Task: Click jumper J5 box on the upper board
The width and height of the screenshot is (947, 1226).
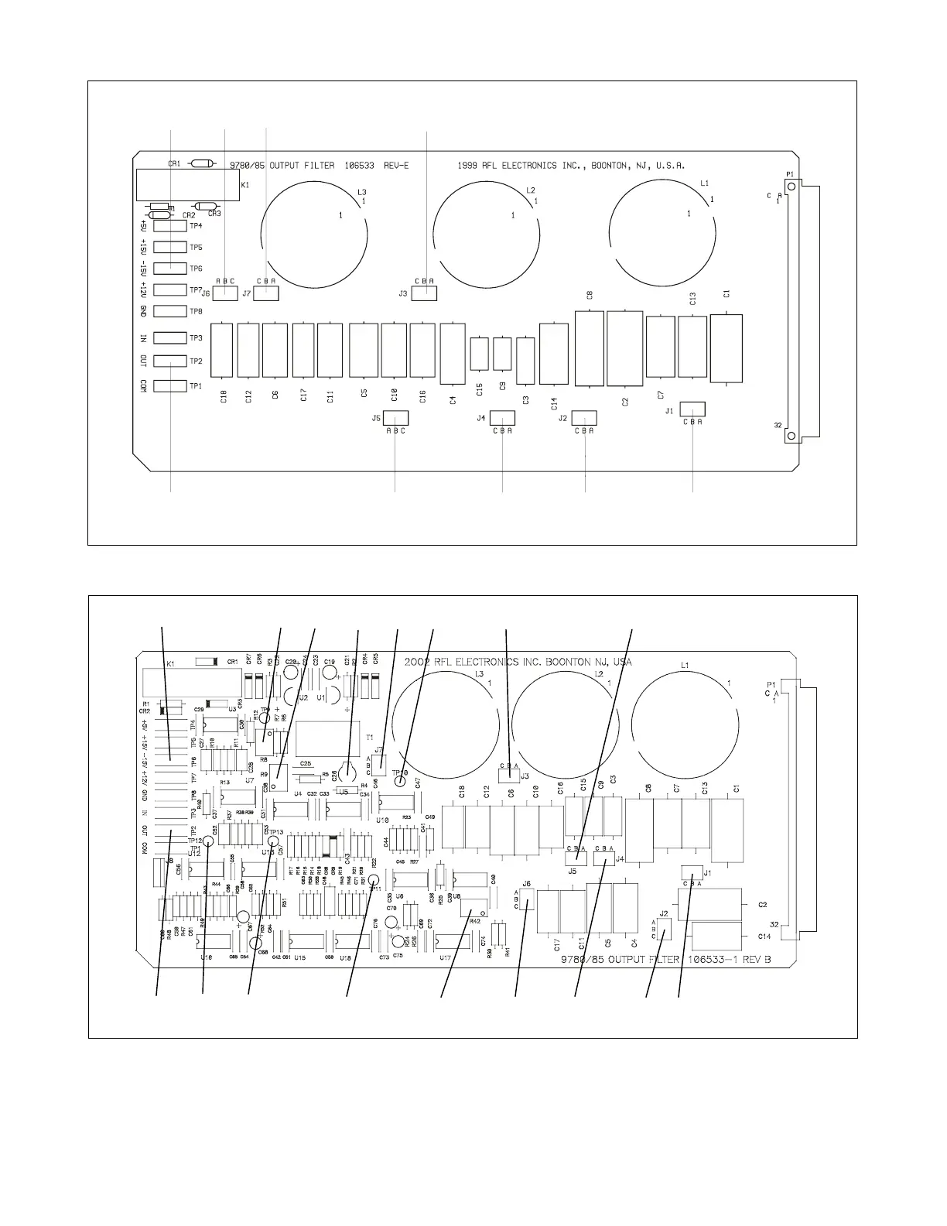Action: (x=395, y=418)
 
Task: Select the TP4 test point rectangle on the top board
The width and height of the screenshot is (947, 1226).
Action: (x=170, y=226)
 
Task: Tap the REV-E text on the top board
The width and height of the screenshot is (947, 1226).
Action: (x=395, y=165)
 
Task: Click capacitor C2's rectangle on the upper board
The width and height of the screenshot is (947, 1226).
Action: (x=625, y=348)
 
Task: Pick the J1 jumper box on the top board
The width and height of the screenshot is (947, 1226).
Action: (x=692, y=409)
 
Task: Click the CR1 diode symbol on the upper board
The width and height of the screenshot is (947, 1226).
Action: (x=202, y=163)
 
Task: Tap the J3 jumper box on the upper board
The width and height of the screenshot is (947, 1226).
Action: (x=424, y=293)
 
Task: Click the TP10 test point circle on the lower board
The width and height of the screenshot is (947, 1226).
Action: (x=399, y=781)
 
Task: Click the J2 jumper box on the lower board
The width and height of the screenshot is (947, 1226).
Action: (x=664, y=929)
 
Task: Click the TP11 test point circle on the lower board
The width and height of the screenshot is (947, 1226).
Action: (x=374, y=879)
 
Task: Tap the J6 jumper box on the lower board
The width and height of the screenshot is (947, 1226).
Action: (x=527, y=900)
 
